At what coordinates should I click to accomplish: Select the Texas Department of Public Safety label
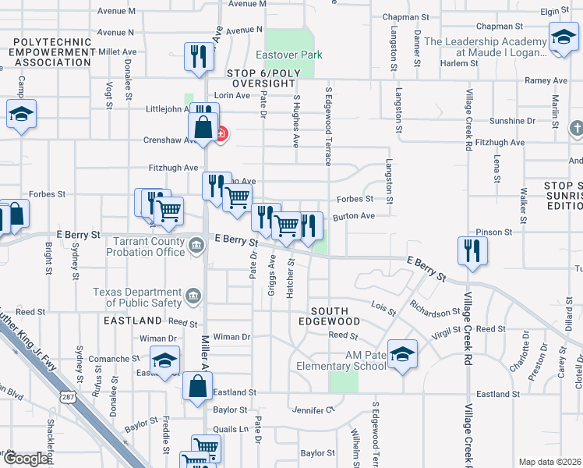tap(136, 297)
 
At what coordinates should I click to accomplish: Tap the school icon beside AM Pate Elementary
tap(401, 355)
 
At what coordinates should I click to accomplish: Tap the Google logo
tap(26, 459)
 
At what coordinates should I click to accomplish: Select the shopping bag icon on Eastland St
tap(198, 385)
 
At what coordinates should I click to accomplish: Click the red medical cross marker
tap(221, 134)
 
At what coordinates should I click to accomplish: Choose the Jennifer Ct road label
tap(313, 409)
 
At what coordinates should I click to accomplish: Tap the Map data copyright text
tap(549, 462)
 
